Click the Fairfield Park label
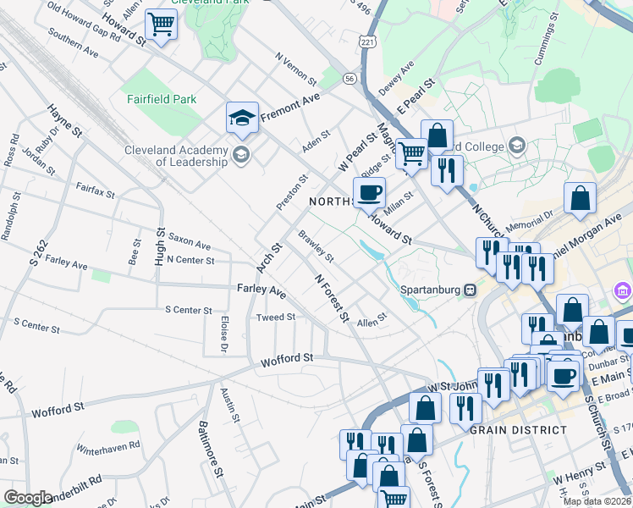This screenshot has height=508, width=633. (162, 99)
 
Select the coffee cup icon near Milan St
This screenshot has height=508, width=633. (369, 194)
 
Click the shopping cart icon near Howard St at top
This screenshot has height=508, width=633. (161, 25)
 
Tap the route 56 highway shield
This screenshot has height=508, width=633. (350, 77)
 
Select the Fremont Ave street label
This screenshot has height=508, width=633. (290, 108)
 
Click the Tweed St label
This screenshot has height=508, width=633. (276, 317)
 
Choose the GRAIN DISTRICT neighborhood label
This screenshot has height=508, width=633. (518, 430)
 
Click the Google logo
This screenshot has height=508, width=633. (28, 498)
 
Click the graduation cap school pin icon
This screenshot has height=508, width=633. (242, 119)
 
